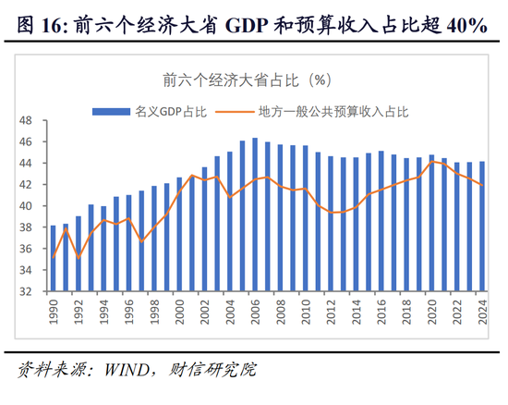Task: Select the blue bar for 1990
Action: [53, 258]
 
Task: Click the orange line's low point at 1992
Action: [78, 258]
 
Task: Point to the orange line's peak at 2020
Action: [431, 161]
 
